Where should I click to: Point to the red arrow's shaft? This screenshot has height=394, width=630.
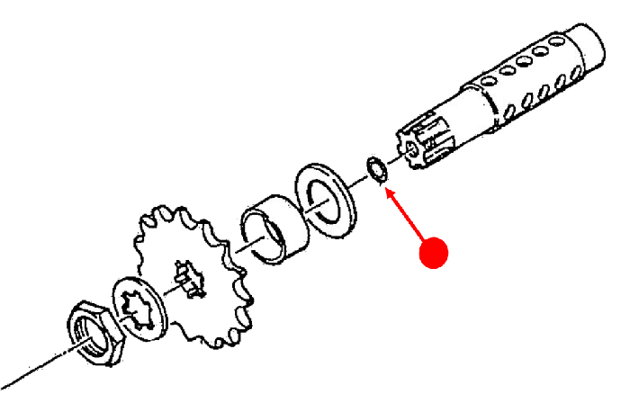[409, 225]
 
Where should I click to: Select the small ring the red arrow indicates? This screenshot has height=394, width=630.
[375, 170]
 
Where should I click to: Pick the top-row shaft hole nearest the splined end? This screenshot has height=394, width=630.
[489, 81]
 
